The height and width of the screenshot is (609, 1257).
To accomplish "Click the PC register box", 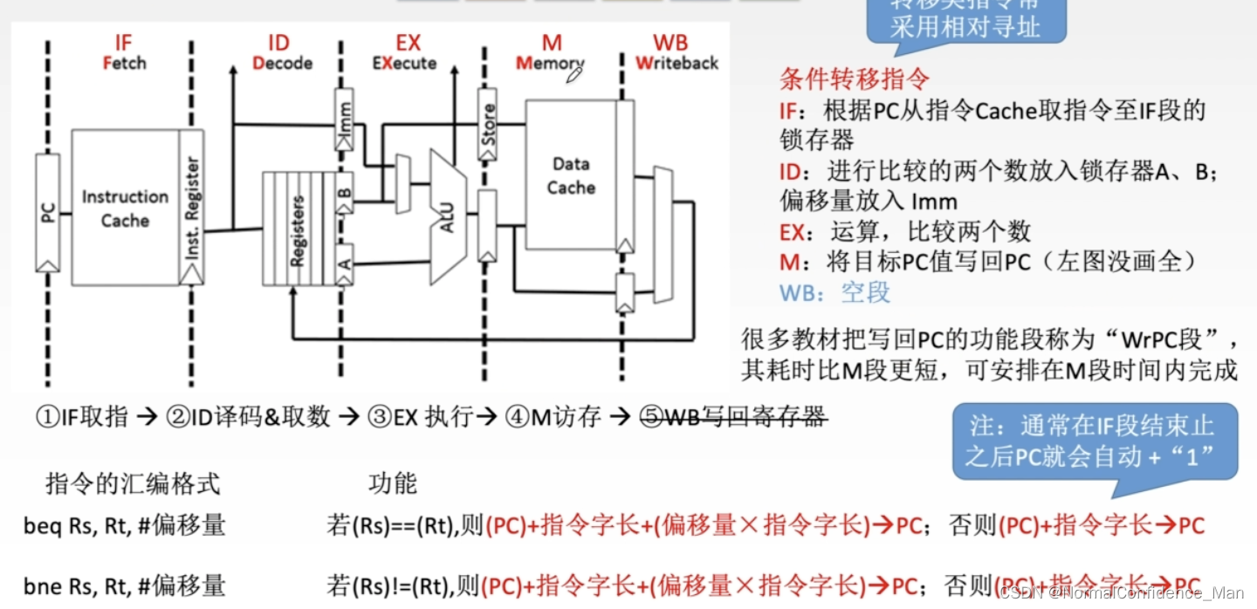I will tap(48, 212).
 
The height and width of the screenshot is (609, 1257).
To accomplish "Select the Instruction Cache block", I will tap(125, 208).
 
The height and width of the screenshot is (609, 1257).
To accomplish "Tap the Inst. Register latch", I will tap(192, 208).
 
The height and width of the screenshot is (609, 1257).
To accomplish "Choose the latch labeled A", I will tap(345, 261).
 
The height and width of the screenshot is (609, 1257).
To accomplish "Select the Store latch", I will tap(488, 123).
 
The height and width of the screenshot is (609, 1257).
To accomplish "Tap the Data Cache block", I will tap(571, 175).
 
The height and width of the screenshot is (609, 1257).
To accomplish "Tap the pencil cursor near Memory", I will tap(574, 75).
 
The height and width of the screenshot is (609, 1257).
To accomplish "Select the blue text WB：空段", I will tap(835, 292).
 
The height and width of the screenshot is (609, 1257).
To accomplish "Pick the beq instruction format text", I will tap(124, 525).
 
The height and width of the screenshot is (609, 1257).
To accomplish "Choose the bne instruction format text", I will tap(124, 585).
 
